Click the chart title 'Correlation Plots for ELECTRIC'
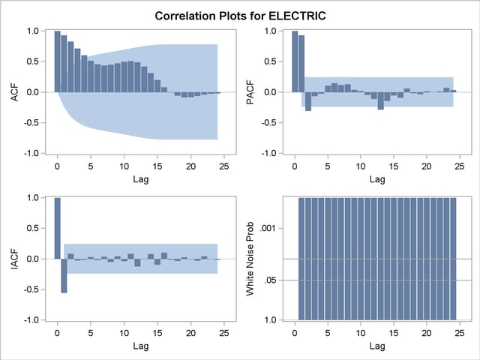coord(240,15)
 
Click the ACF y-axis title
coord(13,91)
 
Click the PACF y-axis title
coord(250,91)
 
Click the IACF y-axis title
coord(13,259)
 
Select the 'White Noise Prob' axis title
coord(250,259)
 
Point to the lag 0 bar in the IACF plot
coord(58,228)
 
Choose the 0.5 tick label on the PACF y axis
coord(271,61)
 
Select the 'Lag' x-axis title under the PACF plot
coord(377,179)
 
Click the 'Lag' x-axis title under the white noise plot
coord(377,346)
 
